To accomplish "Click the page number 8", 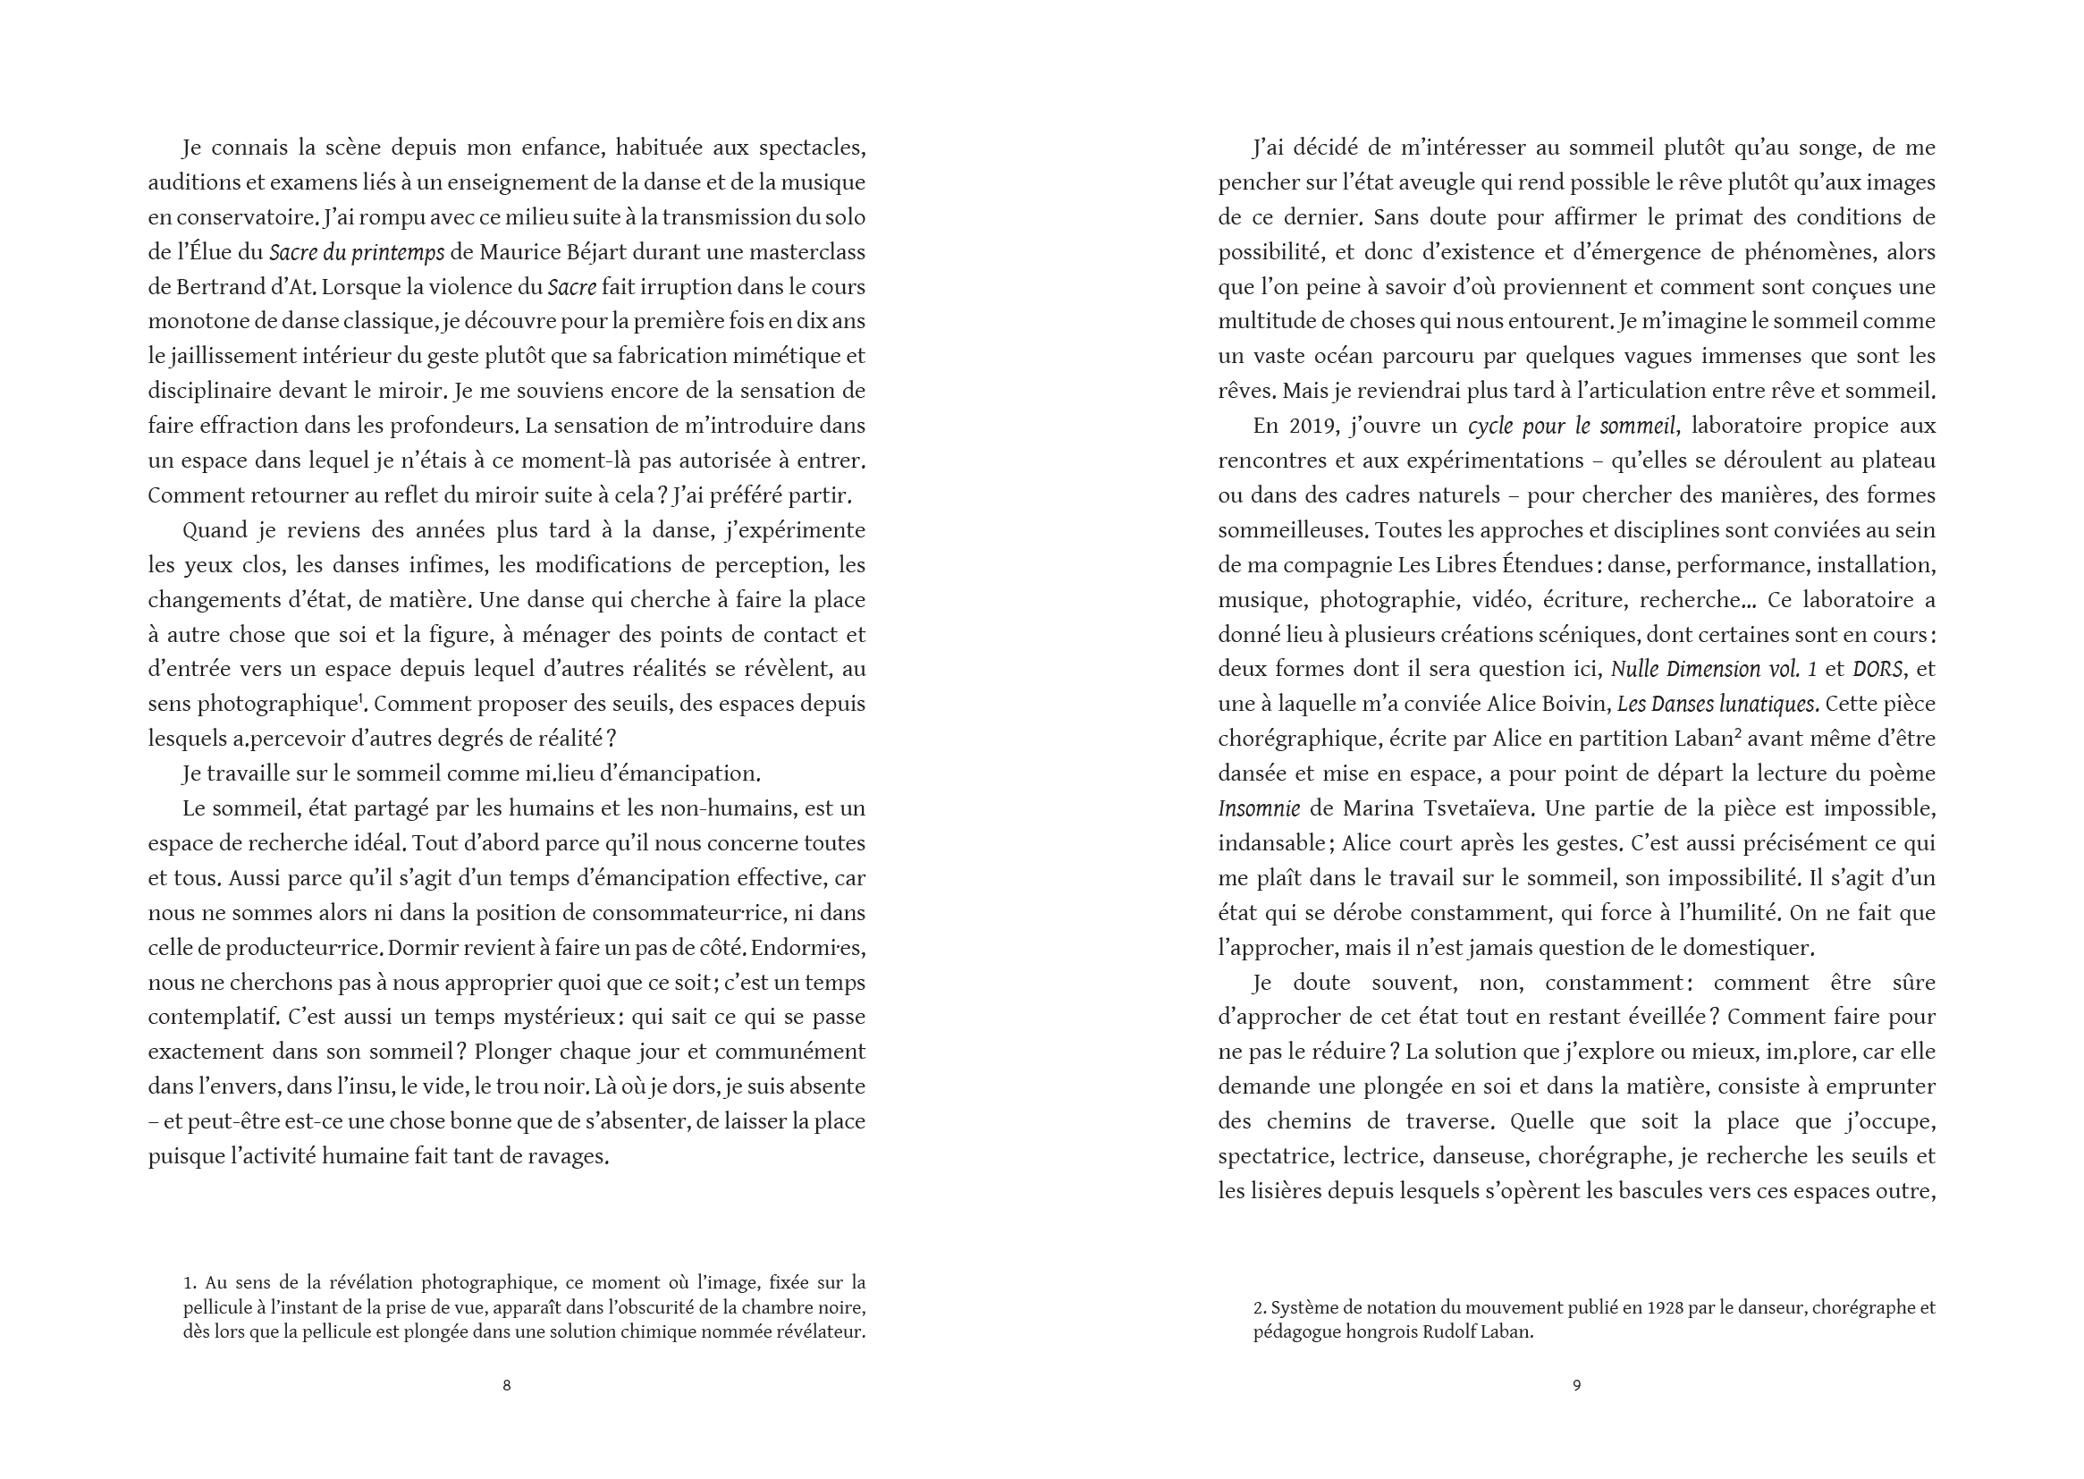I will (x=506, y=1385).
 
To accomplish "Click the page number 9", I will (x=1577, y=1385).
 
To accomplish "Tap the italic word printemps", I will (x=398, y=252).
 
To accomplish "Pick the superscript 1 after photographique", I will (x=360, y=698).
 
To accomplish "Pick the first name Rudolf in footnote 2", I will (x=1450, y=1332).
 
